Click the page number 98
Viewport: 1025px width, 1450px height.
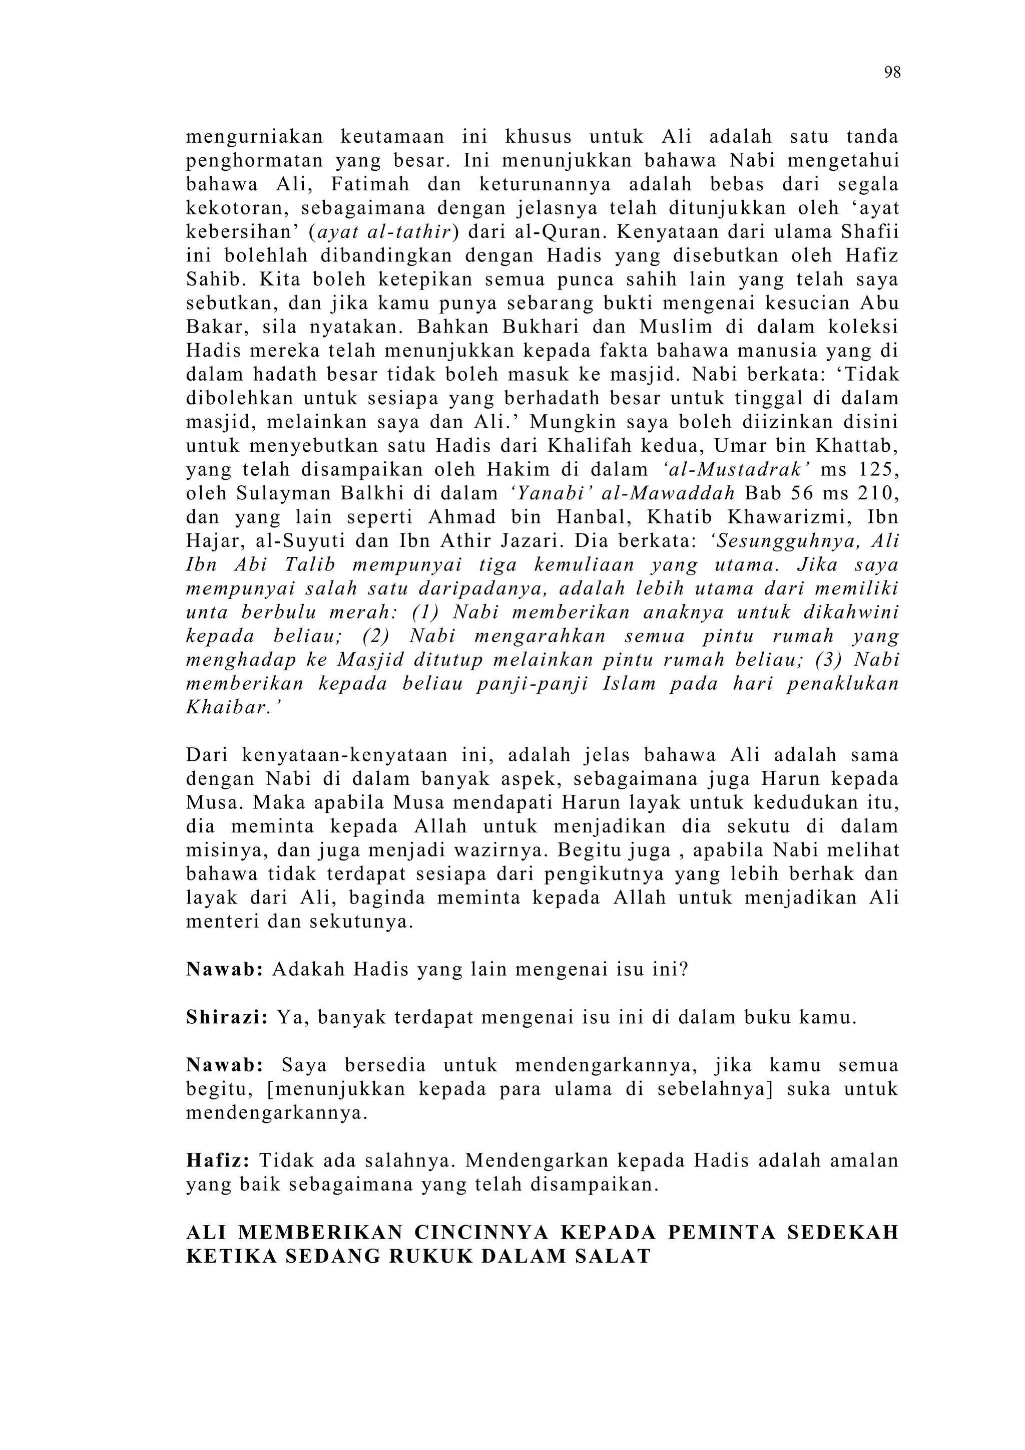(892, 73)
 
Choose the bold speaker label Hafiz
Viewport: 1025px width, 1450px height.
(218, 1161)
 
